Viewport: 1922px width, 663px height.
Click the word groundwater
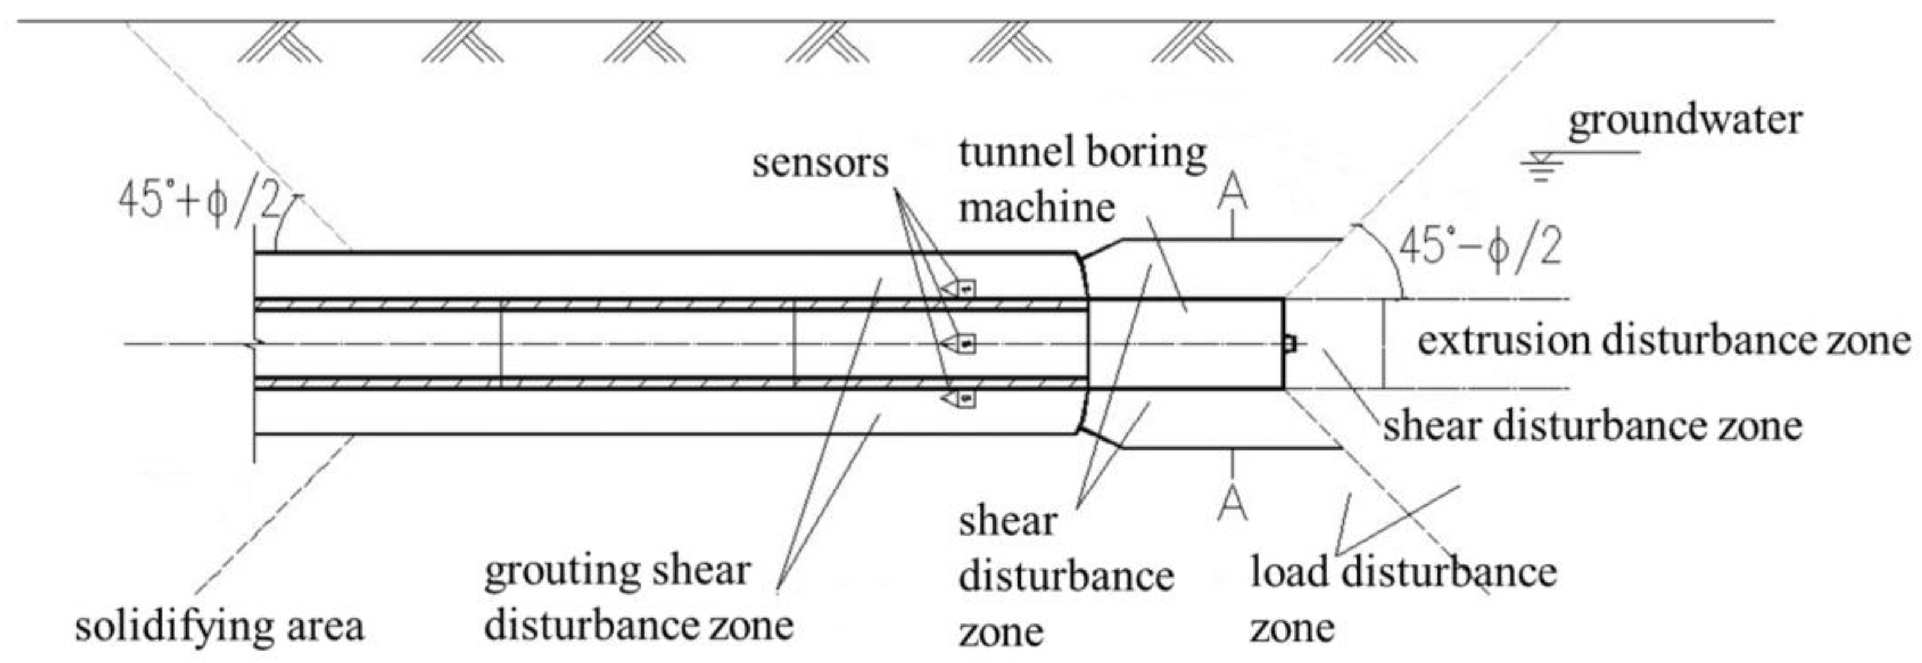point(1684,121)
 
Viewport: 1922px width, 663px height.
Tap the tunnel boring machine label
point(1082,179)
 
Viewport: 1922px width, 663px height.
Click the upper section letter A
point(1232,193)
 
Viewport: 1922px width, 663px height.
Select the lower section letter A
point(1232,504)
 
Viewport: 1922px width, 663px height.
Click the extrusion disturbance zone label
point(1664,341)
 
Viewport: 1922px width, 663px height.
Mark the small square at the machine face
point(1289,344)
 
